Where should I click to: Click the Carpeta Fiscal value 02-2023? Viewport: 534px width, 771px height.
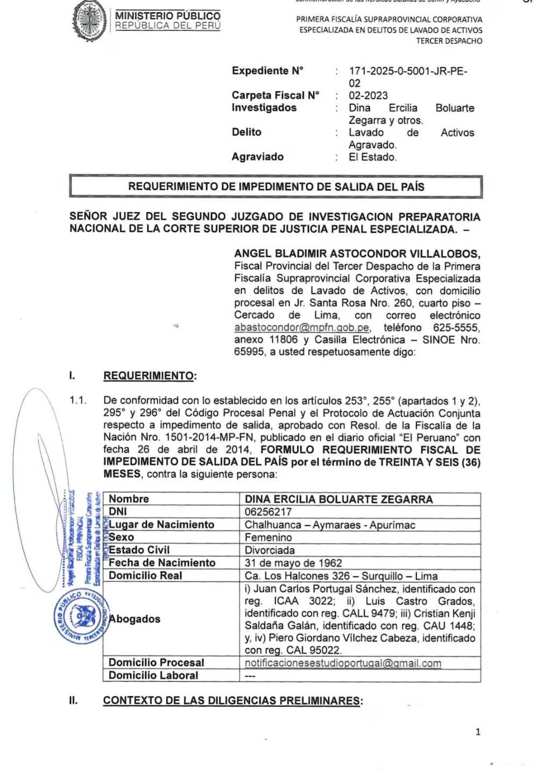[x=368, y=96]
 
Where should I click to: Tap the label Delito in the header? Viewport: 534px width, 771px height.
[x=247, y=132]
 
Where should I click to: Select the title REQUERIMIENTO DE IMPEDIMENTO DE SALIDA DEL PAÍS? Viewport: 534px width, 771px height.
[x=276, y=187]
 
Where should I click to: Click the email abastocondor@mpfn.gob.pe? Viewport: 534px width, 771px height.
[x=302, y=327]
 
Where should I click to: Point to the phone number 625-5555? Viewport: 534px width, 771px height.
[x=456, y=327]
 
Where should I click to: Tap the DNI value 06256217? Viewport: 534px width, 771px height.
[x=268, y=512]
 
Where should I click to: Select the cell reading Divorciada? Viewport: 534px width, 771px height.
[x=270, y=550]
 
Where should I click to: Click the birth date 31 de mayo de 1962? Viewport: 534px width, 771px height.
[x=293, y=563]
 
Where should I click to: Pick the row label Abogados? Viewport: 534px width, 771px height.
[x=135, y=619]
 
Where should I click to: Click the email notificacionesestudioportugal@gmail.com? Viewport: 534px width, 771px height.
[x=343, y=663]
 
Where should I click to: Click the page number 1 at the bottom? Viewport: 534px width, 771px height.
[x=477, y=732]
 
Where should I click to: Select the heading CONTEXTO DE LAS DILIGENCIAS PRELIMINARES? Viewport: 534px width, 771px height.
[x=233, y=701]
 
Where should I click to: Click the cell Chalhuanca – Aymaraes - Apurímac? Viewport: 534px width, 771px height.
[x=330, y=525]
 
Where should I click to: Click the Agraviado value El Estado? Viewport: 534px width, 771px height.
[x=373, y=157]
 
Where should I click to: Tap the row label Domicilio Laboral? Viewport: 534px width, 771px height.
[x=153, y=675]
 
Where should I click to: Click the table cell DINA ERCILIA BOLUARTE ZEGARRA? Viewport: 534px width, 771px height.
[x=339, y=499]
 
